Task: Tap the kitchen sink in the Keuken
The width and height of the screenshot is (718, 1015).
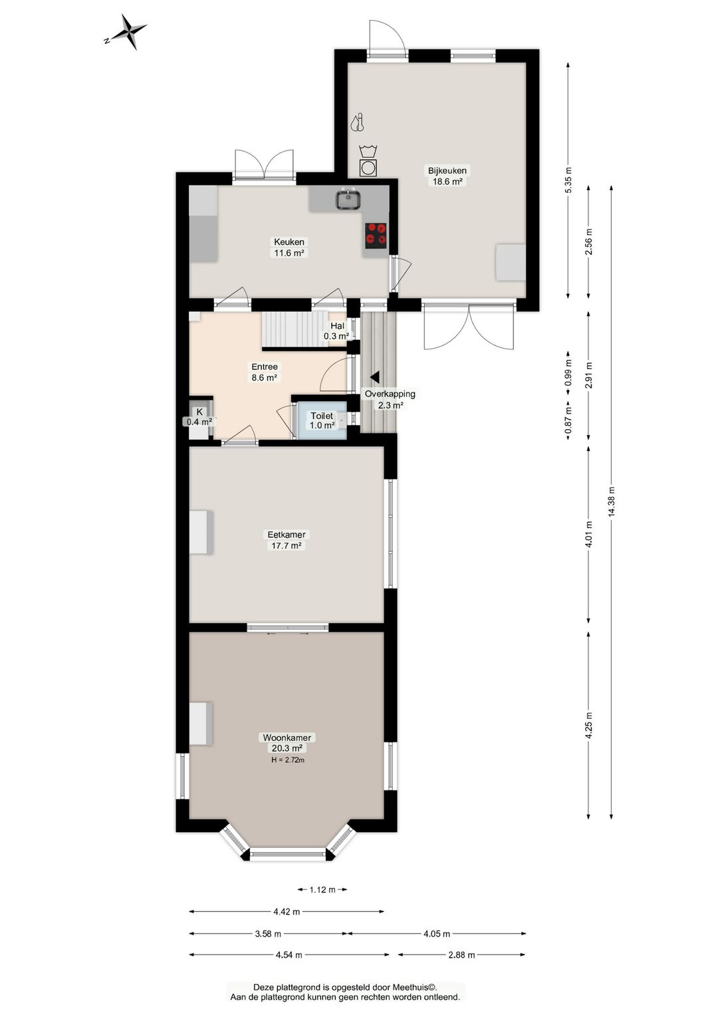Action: pyautogui.click(x=348, y=200)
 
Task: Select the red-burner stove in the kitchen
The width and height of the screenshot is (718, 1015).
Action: pyautogui.click(x=376, y=234)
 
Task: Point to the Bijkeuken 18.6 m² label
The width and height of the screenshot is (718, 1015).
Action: pyautogui.click(x=447, y=176)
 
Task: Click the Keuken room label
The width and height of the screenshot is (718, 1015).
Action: pyautogui.click(x=289, y=241)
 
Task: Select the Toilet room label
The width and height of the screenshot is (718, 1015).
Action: pyautogui.click(x=322, y=416)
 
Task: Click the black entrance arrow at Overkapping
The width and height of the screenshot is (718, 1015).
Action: pyautogui.click(x=374, y=376)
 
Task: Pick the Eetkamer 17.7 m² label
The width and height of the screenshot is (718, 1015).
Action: pyautogui.click(x=286, y=539)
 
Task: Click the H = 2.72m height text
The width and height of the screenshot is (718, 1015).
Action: pyautogui.click(x=288, y=760)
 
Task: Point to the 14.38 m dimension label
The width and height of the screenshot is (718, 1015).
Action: pyautogui.click(x=612, y=502)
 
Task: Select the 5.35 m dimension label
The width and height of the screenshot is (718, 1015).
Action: pyautogui.click(x=568, y=180)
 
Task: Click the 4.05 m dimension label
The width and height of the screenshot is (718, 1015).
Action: pyautogui.click(x=437, y=933)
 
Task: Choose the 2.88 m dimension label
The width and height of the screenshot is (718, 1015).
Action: pyautogui.click(x=461, y=954)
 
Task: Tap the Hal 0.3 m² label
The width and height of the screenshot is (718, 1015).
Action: pyautogui.click(x=336, y=331)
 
